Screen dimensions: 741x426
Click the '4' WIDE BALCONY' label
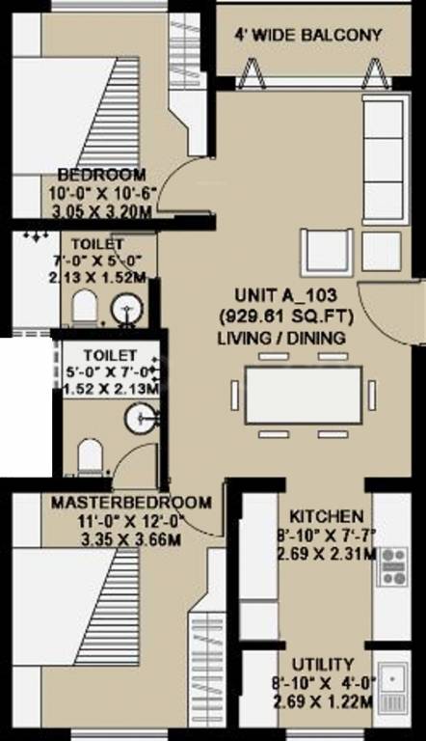point(308,36)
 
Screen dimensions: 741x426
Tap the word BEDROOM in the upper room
point(101,175)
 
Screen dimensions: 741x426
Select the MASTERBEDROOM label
point(131,503)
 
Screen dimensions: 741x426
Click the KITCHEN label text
point(319,517)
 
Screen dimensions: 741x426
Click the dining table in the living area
point(304,394)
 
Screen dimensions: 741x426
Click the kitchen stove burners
point(393,565)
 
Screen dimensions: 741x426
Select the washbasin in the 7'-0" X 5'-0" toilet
point(123,310)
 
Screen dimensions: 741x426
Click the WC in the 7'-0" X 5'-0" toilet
point(84,308)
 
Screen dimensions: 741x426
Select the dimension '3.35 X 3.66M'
point(131,539)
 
